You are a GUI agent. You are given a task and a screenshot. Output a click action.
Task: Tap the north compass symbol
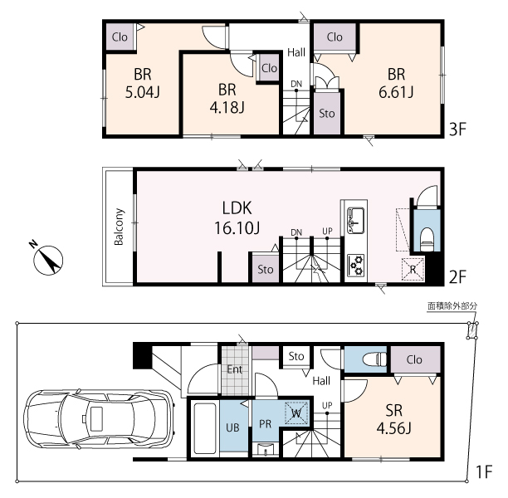(x=49, y=260)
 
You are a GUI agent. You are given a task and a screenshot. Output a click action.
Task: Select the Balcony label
(x=119, y=227)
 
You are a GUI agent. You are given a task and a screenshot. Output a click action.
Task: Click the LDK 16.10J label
(x=237, y=217)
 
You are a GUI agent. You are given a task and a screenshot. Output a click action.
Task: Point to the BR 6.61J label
(x=396, y=83)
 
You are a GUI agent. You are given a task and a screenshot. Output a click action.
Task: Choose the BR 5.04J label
(x=143, y=83)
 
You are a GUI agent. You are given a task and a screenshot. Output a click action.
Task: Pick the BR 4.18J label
(x=227, y=99)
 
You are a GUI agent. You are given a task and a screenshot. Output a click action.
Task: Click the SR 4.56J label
(x=394, y=419)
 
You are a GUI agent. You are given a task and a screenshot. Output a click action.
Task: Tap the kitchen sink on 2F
(x=355, y=221)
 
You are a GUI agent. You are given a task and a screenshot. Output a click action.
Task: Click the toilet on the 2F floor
(x=427, y=239)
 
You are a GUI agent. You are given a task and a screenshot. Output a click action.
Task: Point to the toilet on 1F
(x=375, y=359)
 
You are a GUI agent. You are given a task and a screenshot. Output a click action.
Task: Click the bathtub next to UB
(x=204, y=428)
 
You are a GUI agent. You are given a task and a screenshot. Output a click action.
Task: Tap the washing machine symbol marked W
(x=296, y=413)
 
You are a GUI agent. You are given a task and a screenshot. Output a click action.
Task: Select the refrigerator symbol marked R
(x=413, y=269)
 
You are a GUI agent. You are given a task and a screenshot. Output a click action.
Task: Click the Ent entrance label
(x=235, y=369)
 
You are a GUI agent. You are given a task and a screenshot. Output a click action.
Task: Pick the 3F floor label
(x=457, y=129)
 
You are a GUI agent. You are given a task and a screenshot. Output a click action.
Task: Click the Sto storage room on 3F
(x=327, y=114)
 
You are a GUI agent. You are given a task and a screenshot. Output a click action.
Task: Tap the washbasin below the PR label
(x=266, y=450)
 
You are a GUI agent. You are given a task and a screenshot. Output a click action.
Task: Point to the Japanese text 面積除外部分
(x=452, y=306)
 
